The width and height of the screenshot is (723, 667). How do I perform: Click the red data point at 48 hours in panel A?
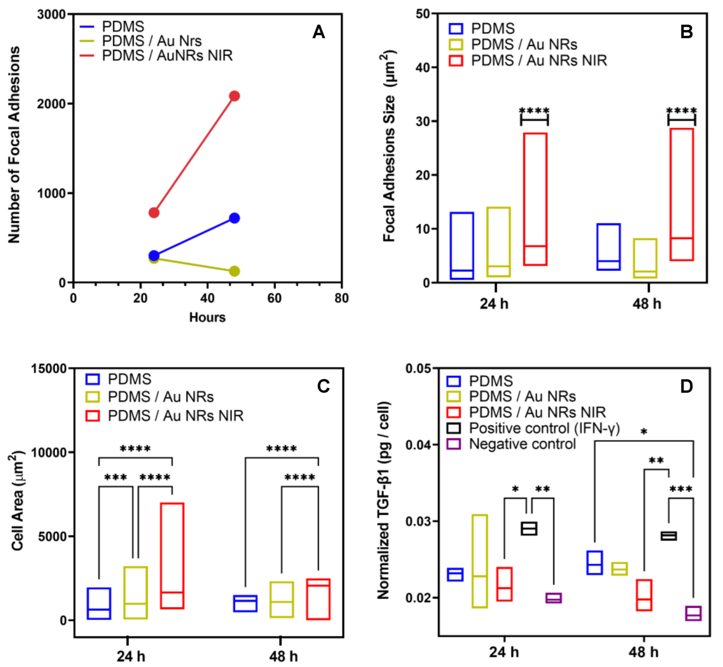(x=234, y=96)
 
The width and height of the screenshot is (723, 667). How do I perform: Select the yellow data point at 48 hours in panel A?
(x=234, y=271)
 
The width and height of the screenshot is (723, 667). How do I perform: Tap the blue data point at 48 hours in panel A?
(x=234, y=218)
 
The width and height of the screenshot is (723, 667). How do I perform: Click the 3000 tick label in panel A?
(x=52, y=15)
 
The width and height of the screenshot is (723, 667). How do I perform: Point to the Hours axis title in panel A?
(x=207, y=317)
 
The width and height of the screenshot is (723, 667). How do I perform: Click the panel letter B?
(x=686, y=32)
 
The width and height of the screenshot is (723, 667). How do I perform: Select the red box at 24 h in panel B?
(x=535, y=199)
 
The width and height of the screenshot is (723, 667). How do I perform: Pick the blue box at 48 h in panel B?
(x=608, y=247)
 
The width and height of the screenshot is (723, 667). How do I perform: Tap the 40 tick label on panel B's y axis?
(x=423, y=67)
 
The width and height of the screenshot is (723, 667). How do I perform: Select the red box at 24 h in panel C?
(x=173, y=556)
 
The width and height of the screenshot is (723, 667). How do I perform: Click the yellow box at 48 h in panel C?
(x=281, y=599)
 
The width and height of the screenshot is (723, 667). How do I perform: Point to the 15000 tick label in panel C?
(x=49, y=369)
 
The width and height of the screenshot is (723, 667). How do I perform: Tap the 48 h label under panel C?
(x=283, y=656)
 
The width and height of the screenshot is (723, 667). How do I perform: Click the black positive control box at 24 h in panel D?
(x=529, y=529)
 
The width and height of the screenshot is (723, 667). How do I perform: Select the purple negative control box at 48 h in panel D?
(x=693, y=613)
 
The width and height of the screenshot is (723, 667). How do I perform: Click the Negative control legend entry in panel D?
(x=522, y=444)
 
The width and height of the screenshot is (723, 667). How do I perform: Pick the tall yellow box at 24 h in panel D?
(x=480, y=561)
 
